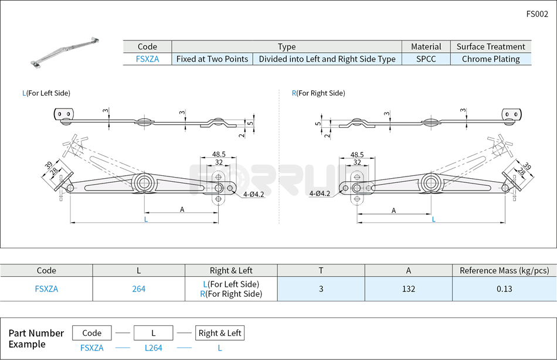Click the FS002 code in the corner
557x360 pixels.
point(537,14)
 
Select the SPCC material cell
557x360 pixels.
point(426,59)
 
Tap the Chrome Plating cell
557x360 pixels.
point(491,59)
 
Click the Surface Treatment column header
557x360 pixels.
point(491,46)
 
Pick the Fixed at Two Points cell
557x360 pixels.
point(212,59)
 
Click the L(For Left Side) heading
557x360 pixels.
point(46,93)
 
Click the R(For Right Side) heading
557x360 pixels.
point(318,93)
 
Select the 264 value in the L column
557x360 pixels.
point(138,288)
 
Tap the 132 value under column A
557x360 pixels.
point(409,288)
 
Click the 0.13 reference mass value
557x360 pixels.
point(504,288)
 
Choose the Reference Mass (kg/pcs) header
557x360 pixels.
point(504,270)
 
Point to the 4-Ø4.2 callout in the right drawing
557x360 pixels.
point(320,193)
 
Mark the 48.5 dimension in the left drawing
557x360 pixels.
point(219,154)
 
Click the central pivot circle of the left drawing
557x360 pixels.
point(142,182)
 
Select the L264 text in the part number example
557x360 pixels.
point(154,348)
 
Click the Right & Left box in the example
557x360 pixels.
point(220,333)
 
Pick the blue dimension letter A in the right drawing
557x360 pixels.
point(393,210)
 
